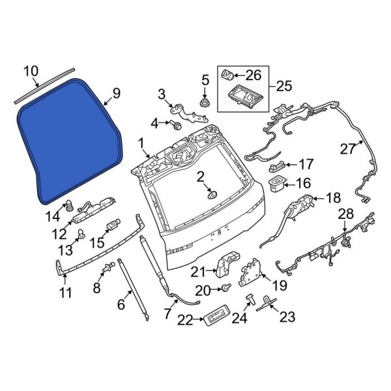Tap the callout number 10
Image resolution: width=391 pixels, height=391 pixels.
point(31,70)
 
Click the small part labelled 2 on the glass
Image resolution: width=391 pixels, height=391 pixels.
point(211,194)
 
